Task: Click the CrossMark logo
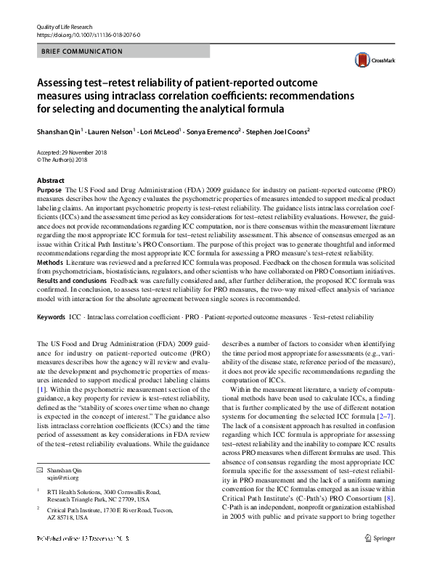click(367, 60)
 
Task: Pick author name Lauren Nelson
click(110, 131)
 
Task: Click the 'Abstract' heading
click(50, 181)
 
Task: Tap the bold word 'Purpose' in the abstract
click(49, 189)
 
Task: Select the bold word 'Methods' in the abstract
click(49, 261)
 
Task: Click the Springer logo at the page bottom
click(379, 559)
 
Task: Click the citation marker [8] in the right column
click(388, 459)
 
